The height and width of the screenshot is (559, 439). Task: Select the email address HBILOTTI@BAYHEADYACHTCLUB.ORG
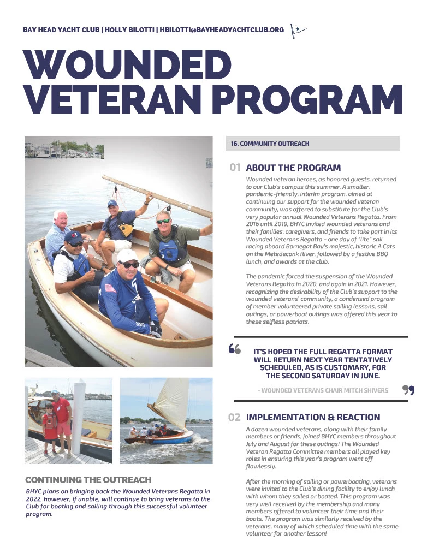click(222, 29)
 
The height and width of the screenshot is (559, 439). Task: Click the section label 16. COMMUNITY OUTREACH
click(270, 144)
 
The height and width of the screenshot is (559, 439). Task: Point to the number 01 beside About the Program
click(235, 168)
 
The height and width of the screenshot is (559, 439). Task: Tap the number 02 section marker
click(234, 418)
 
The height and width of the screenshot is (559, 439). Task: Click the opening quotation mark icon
click(235, 349)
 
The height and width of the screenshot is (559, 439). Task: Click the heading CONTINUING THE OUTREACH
click(88, 480)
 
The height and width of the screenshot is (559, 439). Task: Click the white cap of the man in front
click(127, 255)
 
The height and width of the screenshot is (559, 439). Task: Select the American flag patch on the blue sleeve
click(111, 287)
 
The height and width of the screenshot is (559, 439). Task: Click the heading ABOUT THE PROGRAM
click(293, 168)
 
